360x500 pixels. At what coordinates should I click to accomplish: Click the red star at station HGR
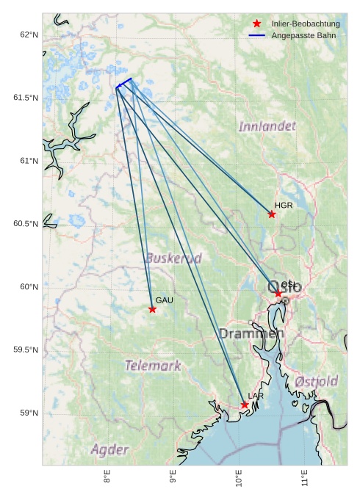pyautogui.click(x=272, y=214)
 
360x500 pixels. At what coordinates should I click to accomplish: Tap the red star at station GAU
pyautogui.click(x=152, y=309)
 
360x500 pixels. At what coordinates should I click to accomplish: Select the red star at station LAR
pyautogui.click(x=245, y=405)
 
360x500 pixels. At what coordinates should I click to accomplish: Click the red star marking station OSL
pyautogui.click(x=278, y=294)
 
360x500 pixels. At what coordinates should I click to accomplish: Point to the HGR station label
pyautogui.click(x=284, y=206)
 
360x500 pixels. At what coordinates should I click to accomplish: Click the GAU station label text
pyautogui.click(x=165, y=300)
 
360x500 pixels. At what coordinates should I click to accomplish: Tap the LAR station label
pyautogui.click(x=256, y=396)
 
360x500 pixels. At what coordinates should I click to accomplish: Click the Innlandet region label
pyautogui.click(x=267, y=126)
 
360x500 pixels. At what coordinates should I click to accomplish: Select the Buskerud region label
pyautogui.click(x=173, y=258)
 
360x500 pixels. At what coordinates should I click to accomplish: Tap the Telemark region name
pyautogui.click(x=153, y=365)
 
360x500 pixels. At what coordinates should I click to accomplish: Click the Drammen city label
pyautogui.click(x=251, y=334)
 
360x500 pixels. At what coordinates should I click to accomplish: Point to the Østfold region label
pyautogui.click(x=317, y=382)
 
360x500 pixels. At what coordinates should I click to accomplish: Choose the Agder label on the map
pyautogui.click(x=109, y=449)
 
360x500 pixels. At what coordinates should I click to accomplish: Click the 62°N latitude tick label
pyautogui.click(x=29, y=35)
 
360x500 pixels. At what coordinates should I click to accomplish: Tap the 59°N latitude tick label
pyautogui.click(x=29, y=413)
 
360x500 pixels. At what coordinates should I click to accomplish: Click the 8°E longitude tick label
pyautogui.click(x=107, y=478)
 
